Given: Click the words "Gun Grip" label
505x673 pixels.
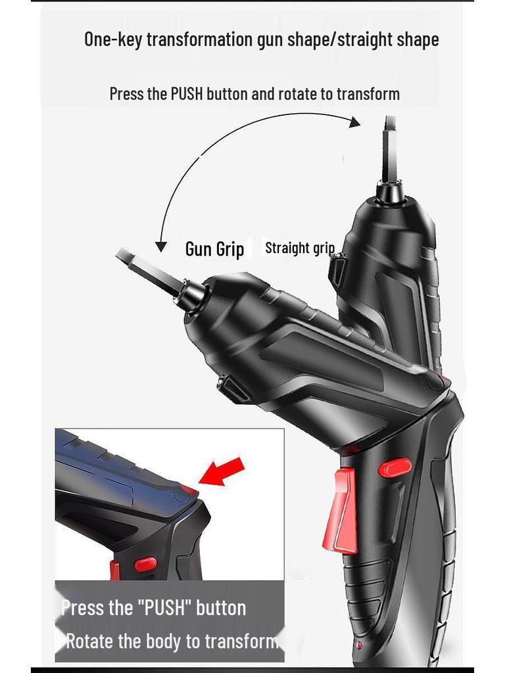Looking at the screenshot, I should coord(214,249).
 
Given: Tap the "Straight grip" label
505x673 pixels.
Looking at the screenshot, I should coord(299,248).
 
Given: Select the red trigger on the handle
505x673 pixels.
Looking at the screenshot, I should coord(345,510).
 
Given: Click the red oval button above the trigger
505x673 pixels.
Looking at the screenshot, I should coord(395,467).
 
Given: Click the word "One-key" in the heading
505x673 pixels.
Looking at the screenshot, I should coord(112,39).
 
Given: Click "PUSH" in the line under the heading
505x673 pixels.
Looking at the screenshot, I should coord(187,93).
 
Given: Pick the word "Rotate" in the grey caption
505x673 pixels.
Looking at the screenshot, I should coord(91,641).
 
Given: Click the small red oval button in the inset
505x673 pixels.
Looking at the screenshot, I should coord(145,564).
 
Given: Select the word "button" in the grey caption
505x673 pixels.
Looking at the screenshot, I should coord(221,608).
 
